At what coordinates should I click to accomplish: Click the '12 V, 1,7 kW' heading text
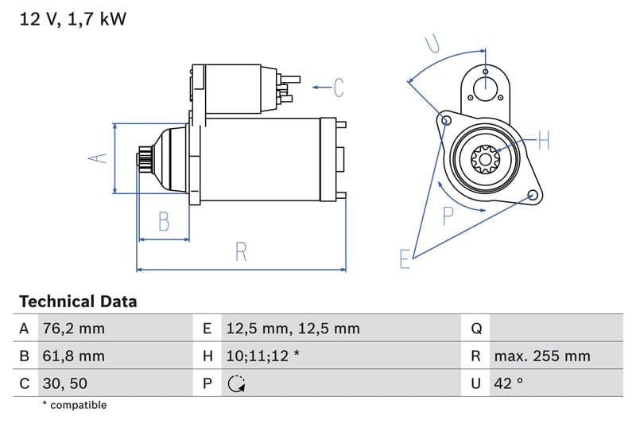click(x=72, y=19)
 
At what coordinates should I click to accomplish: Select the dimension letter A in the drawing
click(x=97, y=158)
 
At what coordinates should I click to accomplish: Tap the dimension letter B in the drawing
click(x=164, y=221)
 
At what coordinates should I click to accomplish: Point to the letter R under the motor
click(x=241, y=252)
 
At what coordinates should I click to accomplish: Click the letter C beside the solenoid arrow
click(x=339, y=87)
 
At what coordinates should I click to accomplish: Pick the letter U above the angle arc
click(x=432, y=44)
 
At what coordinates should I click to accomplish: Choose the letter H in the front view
click(x=543, y=142)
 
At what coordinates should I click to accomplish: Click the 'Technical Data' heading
click(x=78, y=301)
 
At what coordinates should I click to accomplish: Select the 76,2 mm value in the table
click(x=72, y=329)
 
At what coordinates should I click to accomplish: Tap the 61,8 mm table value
click(x=72, y=356)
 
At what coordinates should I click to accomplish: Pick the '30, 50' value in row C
click(x=64, y=383)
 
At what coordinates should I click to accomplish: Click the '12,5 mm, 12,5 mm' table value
click(x=293, y=329)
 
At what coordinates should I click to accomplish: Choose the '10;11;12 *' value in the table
click(x=262, y=356)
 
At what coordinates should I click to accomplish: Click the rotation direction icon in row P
click(x=236, y=384)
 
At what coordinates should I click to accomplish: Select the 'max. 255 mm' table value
click(x=541, y=356)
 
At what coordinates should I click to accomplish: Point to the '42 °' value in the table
click(x=508, y=383)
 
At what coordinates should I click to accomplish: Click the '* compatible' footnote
click(x=74, y=405)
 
